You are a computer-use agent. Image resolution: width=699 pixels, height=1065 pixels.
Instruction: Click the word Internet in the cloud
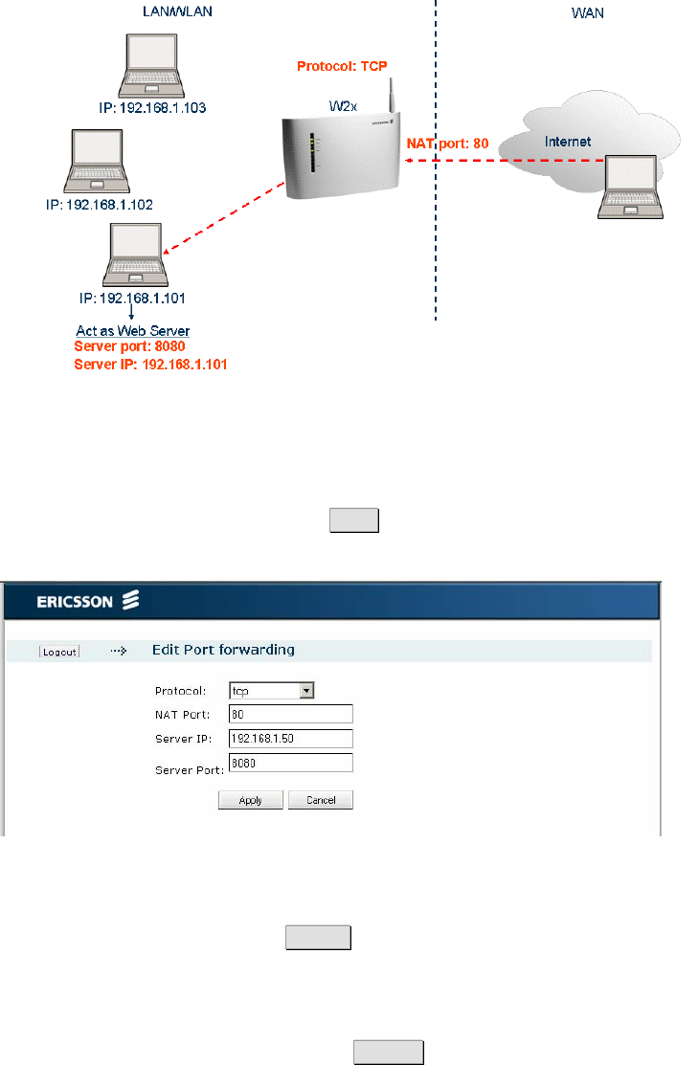click(568, 142)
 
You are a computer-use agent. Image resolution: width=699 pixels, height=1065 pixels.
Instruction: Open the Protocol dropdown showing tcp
click(272, 690)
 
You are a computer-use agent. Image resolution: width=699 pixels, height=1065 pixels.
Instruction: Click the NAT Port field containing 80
click(291, 714)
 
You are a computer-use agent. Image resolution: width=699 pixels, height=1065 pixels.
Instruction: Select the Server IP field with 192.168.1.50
click(291, 738)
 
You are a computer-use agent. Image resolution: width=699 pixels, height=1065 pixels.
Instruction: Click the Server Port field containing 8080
click(291, 763)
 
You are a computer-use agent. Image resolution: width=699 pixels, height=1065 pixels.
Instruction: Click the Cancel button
click(321, 800)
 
